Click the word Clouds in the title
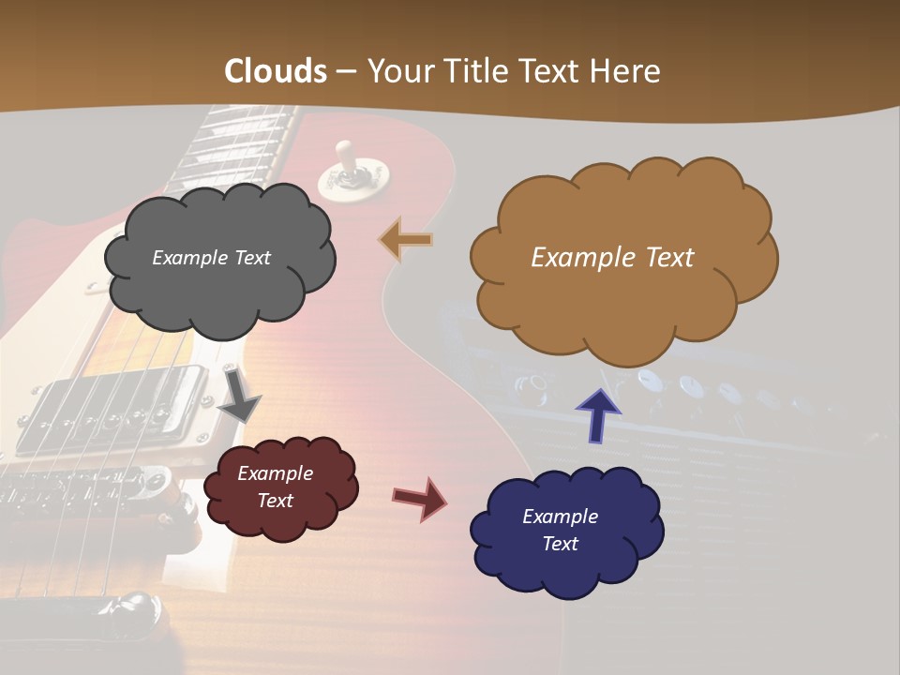(x=276, y=71)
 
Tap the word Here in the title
(x=626, y=71)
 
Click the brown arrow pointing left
(x=406, y=240)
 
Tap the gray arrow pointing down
(x=239, y=396)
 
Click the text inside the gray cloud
(x=211, y=258)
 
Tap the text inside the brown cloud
(x=612, y=258)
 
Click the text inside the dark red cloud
(x=276, y=487)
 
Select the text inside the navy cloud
(x=560, y=530)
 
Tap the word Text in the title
(x=553, y=71)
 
